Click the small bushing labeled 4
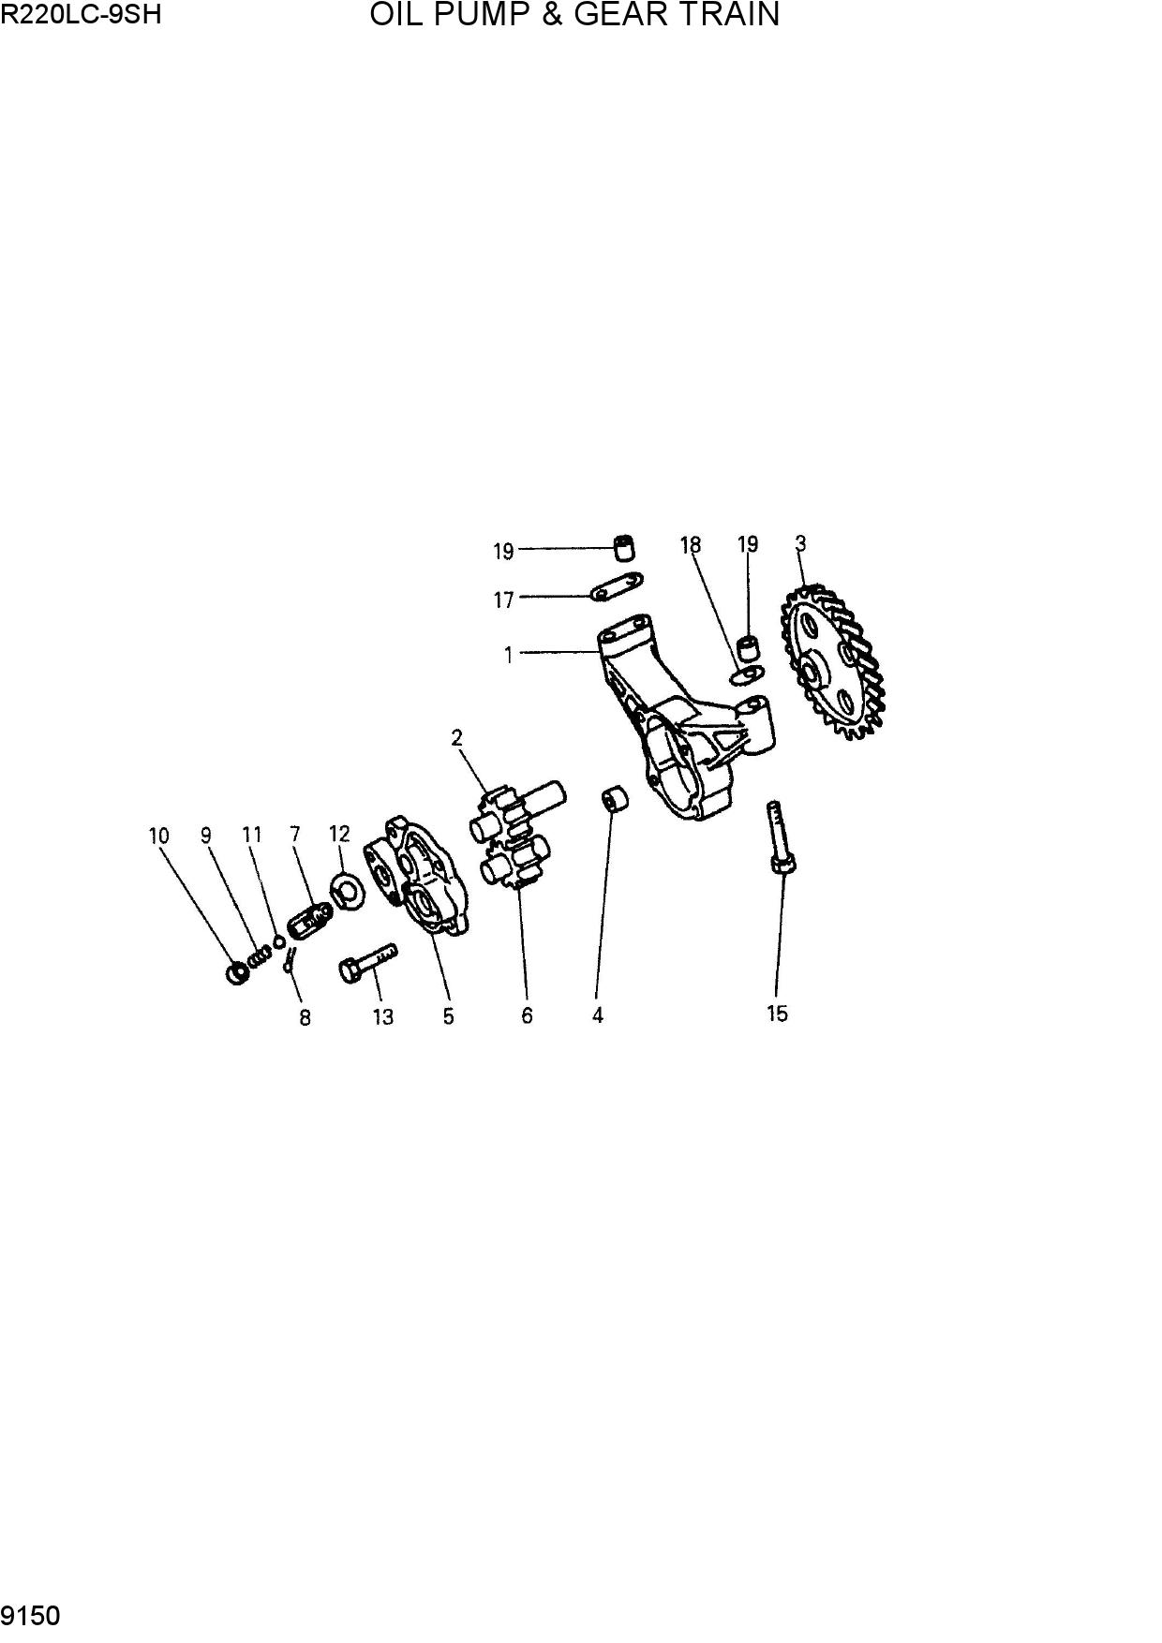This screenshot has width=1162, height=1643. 614,802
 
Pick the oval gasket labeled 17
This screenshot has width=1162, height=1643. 616,585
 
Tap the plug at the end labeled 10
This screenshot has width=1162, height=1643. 238,973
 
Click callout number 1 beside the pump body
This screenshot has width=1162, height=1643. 509,656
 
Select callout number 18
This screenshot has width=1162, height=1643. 691,545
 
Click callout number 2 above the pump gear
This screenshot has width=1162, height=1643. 457,738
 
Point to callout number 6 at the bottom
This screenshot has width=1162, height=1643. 527,1015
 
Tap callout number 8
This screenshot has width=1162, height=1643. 305,1017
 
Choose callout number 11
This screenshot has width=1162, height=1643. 252,835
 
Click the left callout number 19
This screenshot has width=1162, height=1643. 504,552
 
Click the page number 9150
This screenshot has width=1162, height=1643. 31,1616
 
